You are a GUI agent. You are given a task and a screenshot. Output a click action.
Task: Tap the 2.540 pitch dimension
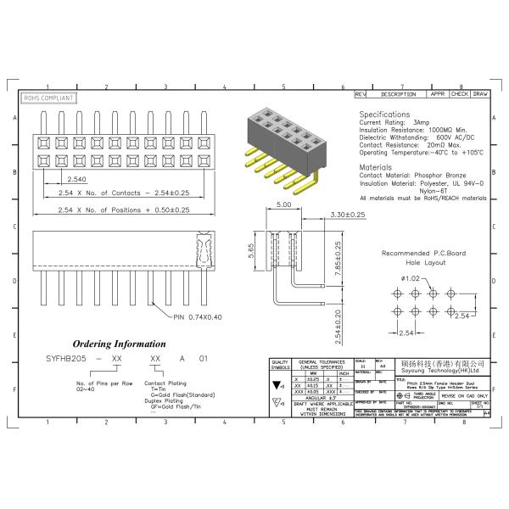coord(76,179)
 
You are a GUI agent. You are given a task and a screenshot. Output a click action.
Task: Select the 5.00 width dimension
coord(283,204)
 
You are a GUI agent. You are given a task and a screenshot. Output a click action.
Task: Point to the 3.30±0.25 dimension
coord(347,215)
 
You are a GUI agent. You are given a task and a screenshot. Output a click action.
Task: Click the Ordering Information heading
coord(119,344)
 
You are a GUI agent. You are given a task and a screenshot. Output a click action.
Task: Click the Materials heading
coord(379,167)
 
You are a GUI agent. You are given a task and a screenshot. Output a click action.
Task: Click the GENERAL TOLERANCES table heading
coord(323,365)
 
